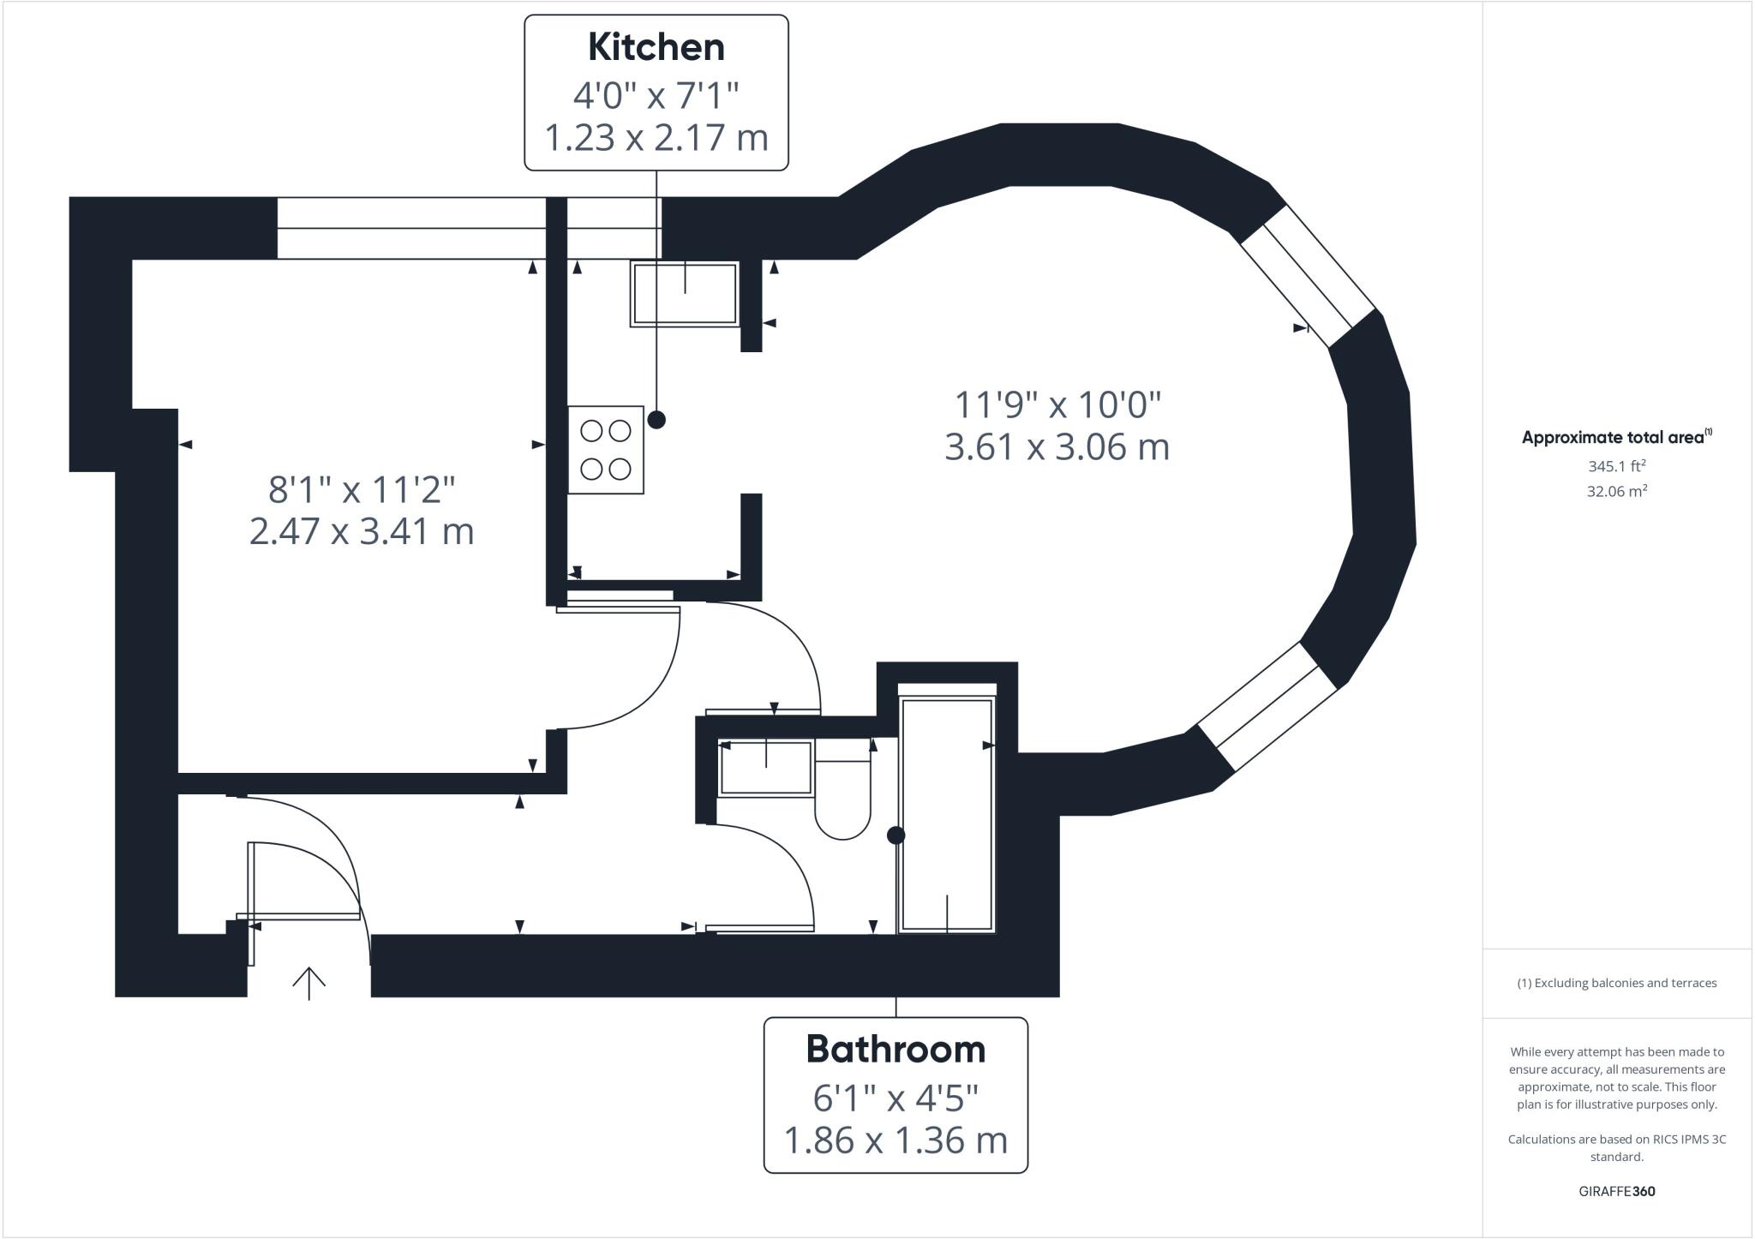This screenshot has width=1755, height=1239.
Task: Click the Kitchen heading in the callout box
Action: point(656,47)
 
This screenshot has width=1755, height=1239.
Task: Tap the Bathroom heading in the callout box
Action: point(895,1050)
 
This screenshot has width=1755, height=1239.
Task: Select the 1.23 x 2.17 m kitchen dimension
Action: point(656,137)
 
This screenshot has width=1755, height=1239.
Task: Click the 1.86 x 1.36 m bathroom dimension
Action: point(895,1140)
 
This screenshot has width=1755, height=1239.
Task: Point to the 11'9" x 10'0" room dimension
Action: point(1057,404)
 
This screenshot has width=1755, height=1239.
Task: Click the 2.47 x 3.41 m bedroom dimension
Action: point(362,531)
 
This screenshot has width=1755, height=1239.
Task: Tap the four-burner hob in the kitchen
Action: point(606,450)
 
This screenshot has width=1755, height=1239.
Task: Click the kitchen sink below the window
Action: point(685,294)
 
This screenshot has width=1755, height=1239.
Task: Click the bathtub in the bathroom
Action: point(947,814)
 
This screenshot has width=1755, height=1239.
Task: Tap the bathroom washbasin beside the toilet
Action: point(765,768)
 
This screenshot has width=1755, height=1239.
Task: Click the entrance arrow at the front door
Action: point(308,983)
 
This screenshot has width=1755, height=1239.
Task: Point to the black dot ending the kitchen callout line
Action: point(656,420)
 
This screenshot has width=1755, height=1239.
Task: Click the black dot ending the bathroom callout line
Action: point(895,835)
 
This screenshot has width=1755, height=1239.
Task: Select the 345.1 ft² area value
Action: point(1616,467)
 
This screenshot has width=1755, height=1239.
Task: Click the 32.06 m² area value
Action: point(1616,492)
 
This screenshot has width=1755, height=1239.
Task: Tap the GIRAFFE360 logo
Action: point(1616,1191)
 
